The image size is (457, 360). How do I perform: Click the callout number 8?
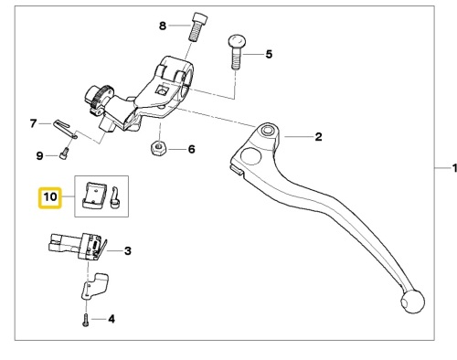(163, 26)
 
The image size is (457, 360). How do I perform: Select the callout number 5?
(269, 54)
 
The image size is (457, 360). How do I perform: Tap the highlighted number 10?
(50, 197)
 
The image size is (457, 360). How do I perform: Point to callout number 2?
(318, 137)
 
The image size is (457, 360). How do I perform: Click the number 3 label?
(128, 251)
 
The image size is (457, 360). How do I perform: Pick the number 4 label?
(112, 319)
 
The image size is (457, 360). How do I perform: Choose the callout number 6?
(191, 149)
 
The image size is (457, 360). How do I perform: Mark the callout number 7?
(33, 123)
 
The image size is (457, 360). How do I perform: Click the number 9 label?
(39, 156)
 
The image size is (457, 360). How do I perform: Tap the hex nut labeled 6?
(159, 148)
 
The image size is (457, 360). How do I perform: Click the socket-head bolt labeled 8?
(198, 27)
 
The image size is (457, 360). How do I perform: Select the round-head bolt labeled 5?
(237, 52)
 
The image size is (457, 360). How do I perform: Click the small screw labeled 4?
(86, 320)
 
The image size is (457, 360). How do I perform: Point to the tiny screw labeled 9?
(65, 153)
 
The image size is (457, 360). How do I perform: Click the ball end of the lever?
(412, 302)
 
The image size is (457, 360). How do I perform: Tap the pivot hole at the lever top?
(268, 132)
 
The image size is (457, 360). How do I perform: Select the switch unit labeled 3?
(78, 246)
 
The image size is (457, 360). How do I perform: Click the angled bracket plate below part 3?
(94, 286)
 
